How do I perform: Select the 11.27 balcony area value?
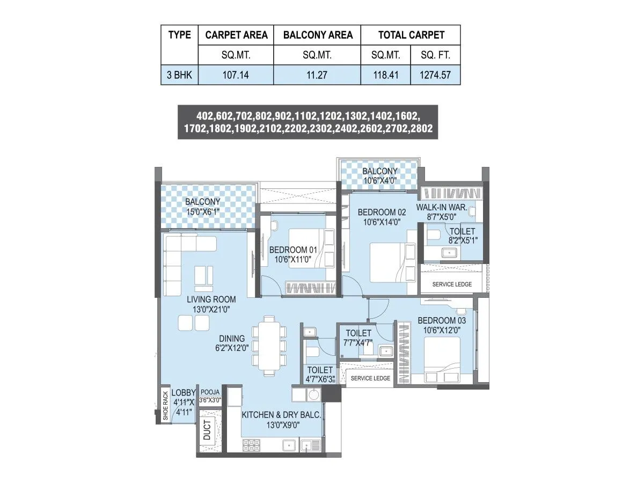coord(317,75)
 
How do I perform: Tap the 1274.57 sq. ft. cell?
coord(435,75)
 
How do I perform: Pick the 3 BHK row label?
coord(179,75)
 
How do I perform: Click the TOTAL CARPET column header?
coord(411,35)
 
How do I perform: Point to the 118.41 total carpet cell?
coord(385,75)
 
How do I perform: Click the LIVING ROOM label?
coord(211,299)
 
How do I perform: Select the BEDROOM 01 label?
coord(292,250)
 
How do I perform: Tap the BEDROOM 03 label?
coord(442,320)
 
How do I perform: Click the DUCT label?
coord(207,430)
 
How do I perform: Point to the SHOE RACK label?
coord(165,405)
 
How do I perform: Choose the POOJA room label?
coord(210,392)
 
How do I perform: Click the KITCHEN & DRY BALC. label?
coord(281,415)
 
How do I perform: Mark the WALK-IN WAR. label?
coord(442,208)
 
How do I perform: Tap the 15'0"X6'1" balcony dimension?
coord(203,211)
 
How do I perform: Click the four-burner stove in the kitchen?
coord(252,445)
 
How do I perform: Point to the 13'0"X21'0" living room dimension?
coord(211,309)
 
